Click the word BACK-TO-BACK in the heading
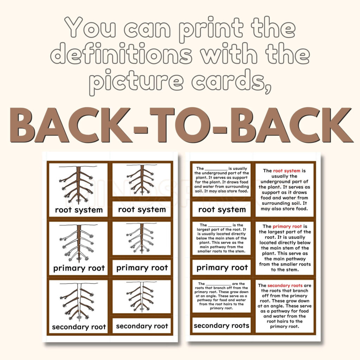(x=180, y=125)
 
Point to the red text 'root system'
(x=287, y=171)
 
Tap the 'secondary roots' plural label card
(x=221, y=326)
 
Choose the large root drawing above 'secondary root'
(x=78, y=302)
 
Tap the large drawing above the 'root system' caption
(x=78, y=185)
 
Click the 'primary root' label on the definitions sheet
(x=221, y=268)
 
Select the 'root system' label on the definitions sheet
(x=221, y=210)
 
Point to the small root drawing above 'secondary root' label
(x=142, y=296)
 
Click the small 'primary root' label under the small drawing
(x=142, y=268)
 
